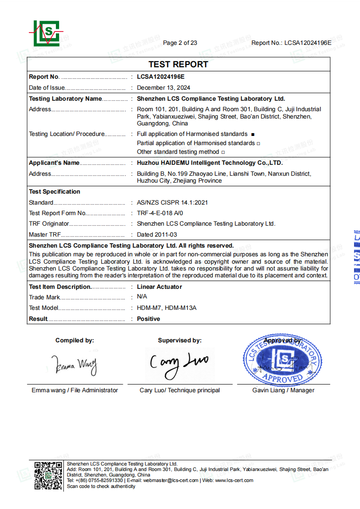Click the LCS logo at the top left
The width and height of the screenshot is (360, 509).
point(46,33)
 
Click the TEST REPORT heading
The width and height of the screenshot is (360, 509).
point(178,65)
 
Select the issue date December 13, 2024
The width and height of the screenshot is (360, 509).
point(164,87)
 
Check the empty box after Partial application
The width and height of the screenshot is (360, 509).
point(258,144)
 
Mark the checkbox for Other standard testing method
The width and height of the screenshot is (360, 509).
point(223,152)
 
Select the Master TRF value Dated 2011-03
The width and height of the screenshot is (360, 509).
point(157,234)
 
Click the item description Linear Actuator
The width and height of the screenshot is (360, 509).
point(159,287)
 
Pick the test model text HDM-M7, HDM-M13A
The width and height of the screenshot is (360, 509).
point(167,308)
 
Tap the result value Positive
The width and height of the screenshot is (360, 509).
point(148,319)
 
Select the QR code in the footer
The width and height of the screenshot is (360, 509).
point(48,476)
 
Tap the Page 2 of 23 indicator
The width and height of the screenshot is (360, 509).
point(180,43)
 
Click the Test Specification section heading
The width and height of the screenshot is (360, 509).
point(55,191)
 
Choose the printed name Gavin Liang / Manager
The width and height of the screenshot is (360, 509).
point(283,390)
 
